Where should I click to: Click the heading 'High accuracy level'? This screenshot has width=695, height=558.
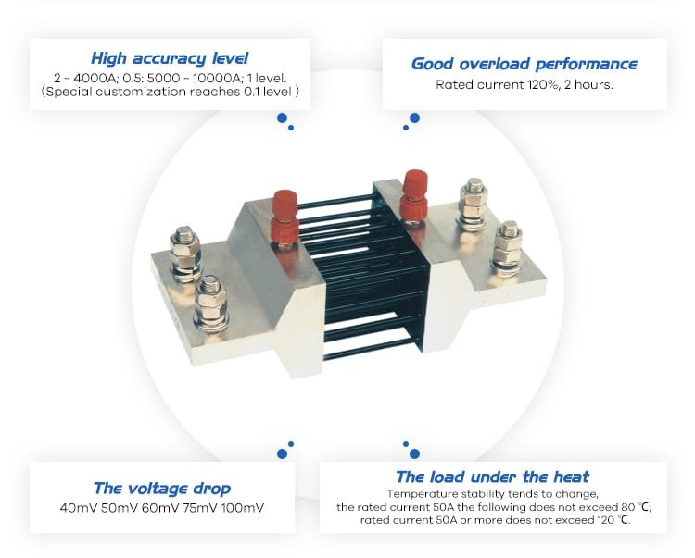[x=170, y=58]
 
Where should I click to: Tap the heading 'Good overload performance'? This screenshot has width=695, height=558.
[x=524, y=64]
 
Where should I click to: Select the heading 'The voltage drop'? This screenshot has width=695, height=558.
[x=162, y=488]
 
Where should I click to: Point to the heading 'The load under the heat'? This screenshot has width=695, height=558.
[x=492, y=477]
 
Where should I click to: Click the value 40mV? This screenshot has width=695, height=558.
[x=78, y=507]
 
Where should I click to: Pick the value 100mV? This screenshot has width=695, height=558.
[x=243, y=507]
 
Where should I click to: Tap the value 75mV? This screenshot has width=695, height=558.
[x=199, y=507]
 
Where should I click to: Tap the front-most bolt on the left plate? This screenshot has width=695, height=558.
[x=211, y=304]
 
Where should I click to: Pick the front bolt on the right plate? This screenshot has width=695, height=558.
[x=508, y=248]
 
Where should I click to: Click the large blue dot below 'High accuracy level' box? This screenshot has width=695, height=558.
[x=282, y=118]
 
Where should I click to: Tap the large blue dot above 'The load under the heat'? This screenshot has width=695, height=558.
[x=415, y=453]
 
